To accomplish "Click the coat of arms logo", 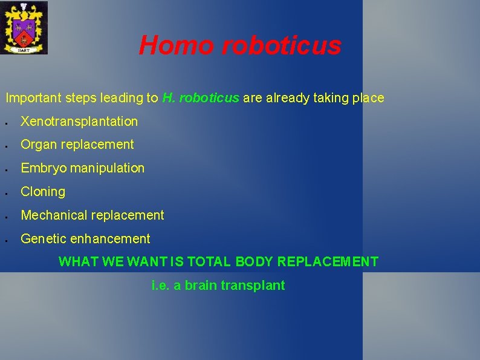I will point(24,28).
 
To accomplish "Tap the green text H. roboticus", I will point(201,98).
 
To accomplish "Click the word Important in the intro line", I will point(31,98).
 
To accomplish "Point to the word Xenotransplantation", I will point(79,122).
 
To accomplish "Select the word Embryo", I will point(44,168).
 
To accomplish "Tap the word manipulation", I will point(108,168).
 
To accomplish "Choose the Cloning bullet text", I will point(43,192).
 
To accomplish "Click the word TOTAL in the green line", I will point(209,262).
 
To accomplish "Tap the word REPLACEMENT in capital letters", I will point(328,262).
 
